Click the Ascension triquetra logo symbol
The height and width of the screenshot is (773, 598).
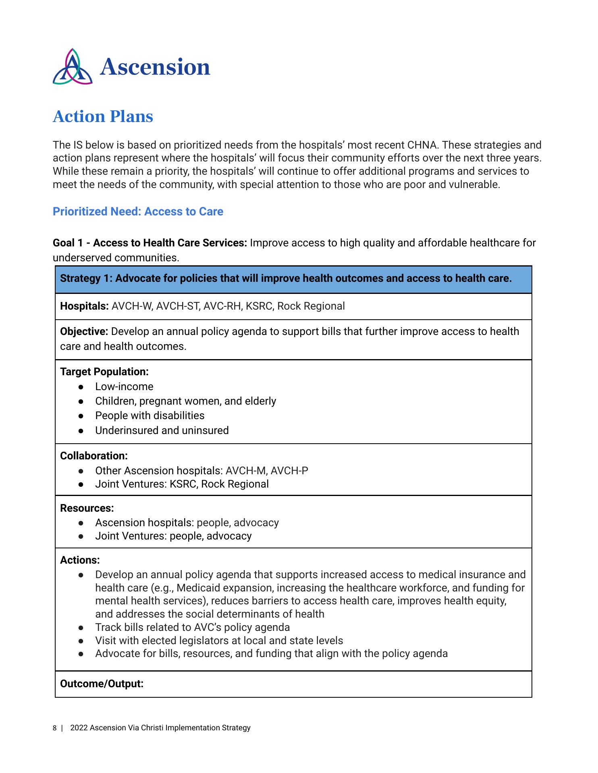pos(73,67)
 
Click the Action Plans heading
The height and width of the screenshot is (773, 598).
pos(103,116)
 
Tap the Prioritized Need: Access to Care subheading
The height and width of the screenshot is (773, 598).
pos(138,211)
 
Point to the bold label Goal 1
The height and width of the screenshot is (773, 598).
pos(69,243)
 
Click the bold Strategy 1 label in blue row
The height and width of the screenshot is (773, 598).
pos(85,278)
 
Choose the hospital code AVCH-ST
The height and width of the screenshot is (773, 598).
pos(178,306)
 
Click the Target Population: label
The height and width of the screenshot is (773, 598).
pos(104,372)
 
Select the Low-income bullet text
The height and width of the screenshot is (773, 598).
pos(124,386)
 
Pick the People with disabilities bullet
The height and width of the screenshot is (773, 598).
pos(149,415)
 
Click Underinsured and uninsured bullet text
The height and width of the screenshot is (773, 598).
pos(162,430)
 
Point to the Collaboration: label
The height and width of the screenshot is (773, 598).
pos(94,456)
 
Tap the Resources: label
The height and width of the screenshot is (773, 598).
pos(87,508)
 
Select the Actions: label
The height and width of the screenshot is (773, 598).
pos(80,560)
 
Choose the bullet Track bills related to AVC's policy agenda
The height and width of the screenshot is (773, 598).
pos(192,627)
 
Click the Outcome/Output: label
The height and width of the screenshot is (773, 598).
pos(102,684)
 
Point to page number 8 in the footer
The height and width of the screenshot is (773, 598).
pos(55,728)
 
